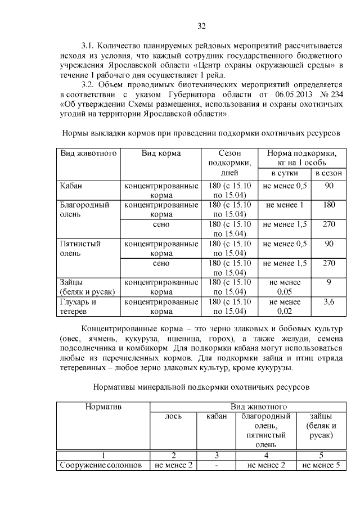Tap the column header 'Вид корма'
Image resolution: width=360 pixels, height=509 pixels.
pos(161,153)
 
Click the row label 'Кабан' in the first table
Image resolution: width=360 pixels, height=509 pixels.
pos(71,186)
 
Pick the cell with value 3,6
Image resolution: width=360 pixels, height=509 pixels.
pos(330,302)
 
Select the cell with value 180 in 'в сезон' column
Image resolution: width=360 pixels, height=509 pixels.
pos(330,205)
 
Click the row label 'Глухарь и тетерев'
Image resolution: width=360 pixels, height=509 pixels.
pos(79,307)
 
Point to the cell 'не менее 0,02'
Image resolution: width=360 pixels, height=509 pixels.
pos(285,307)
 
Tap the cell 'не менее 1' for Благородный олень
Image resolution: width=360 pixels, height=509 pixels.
pos(285,205)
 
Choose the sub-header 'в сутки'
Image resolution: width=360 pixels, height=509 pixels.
pos(285,173)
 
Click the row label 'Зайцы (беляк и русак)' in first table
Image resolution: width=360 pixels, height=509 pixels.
pos(88,287)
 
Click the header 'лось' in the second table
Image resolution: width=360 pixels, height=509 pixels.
pos(173,416)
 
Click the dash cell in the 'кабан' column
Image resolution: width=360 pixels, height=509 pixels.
pos(217,465)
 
